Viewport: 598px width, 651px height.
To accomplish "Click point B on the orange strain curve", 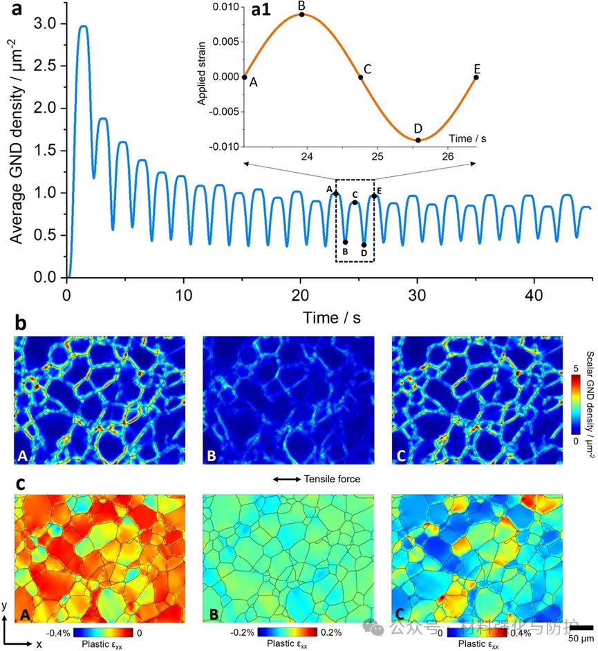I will coord(301,15).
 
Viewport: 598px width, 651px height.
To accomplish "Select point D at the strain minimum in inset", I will coord(418,140).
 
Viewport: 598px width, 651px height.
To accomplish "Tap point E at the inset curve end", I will coord(476,77).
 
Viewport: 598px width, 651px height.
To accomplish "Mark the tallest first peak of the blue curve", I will coord(83,26).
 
